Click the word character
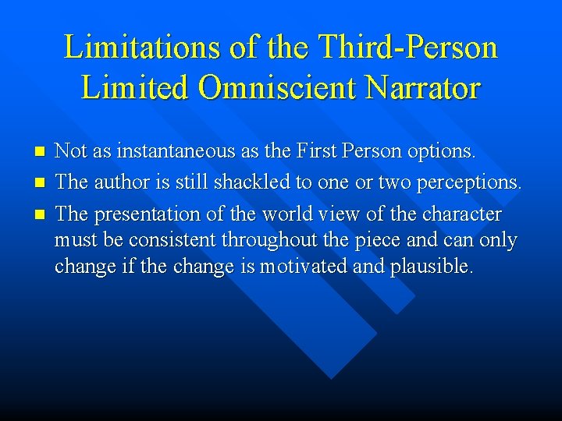click(x=462, y=214)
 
